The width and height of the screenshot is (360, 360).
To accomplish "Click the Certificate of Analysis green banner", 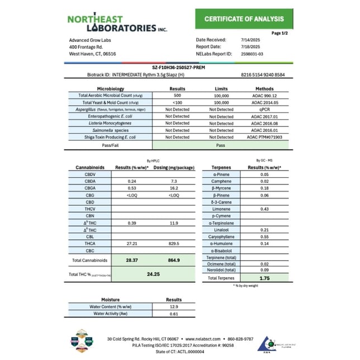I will pyautogui.click(x=244, y=19).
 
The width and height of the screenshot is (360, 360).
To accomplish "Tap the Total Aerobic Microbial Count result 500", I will pyautogui.click(x=177, y=96).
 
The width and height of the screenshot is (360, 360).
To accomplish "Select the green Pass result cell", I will pyautogui.click(x=221, y=144).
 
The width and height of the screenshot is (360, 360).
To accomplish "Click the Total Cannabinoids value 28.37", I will pyautogui.click(x=132, y=260).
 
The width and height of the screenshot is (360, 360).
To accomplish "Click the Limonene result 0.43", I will pyautogui.click(x=264, y=209).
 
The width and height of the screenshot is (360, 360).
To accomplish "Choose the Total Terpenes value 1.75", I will pyautogui.click(x=264, y=277).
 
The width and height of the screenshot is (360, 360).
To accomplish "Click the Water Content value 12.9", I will pyautogui.click(x=174, y=307).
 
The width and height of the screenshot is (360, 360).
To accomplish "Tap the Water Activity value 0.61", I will pyautogui.click(x=174, y=314).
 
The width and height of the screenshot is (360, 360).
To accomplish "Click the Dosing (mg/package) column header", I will pyautogui.click(x=174, y=167).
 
